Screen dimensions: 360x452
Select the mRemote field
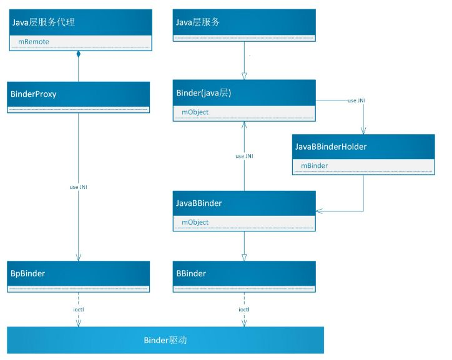(x=34, y=42)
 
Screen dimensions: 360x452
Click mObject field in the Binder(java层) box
(x=195, y=112)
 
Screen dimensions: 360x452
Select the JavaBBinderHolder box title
(x=330, y=147)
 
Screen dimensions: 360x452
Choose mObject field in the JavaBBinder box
(x=195, y=221)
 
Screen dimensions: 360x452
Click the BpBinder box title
(x=28, y=273)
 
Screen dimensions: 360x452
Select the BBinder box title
(x=192, y=273)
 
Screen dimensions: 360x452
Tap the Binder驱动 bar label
(x=165, y=340)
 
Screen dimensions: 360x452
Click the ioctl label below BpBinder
(x=79, y=309)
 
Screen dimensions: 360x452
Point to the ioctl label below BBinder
(x=245, y=309)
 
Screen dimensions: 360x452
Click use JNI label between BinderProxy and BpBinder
(x=79, y=187)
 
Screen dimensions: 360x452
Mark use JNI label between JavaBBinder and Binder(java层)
(x=244, y=156)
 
